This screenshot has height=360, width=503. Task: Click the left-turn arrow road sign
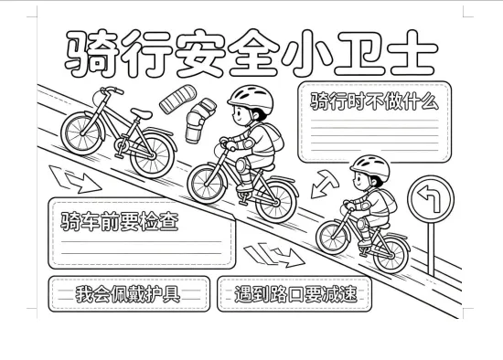tap(431, 199)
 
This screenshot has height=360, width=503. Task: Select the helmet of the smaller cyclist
tap(370, 166)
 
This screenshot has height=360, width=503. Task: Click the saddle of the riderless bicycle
tap(141, 113)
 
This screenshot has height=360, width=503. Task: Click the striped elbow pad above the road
tap(178, 99)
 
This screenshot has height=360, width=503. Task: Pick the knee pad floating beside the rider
tap(199, 121)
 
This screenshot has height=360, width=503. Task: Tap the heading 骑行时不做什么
tap(374, 101)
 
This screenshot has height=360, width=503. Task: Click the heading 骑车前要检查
tap(119, 221)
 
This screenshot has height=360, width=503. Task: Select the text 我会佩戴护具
tap(128, 293)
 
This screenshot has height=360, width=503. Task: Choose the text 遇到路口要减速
tap(295, 293)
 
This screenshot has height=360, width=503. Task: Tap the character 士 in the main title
tap(412, 53)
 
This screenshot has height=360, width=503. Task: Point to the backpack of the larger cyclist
tap(272, 137)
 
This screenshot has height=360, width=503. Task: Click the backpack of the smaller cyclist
tap(387, 201)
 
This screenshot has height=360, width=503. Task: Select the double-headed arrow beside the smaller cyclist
tap(325, 184)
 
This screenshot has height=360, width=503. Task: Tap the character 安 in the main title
tap(199, 53)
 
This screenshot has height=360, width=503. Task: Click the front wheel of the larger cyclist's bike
tap(208, 184)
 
